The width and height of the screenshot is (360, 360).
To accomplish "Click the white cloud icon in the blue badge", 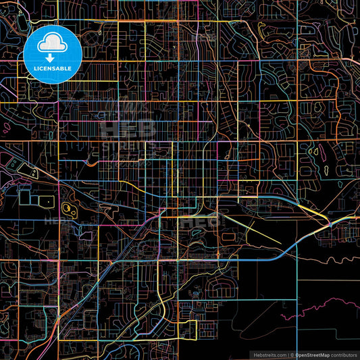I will point(53,44).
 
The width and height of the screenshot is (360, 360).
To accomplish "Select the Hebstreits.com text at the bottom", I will point(269,354).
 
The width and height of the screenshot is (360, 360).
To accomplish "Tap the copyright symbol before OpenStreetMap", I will point(291,354).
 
